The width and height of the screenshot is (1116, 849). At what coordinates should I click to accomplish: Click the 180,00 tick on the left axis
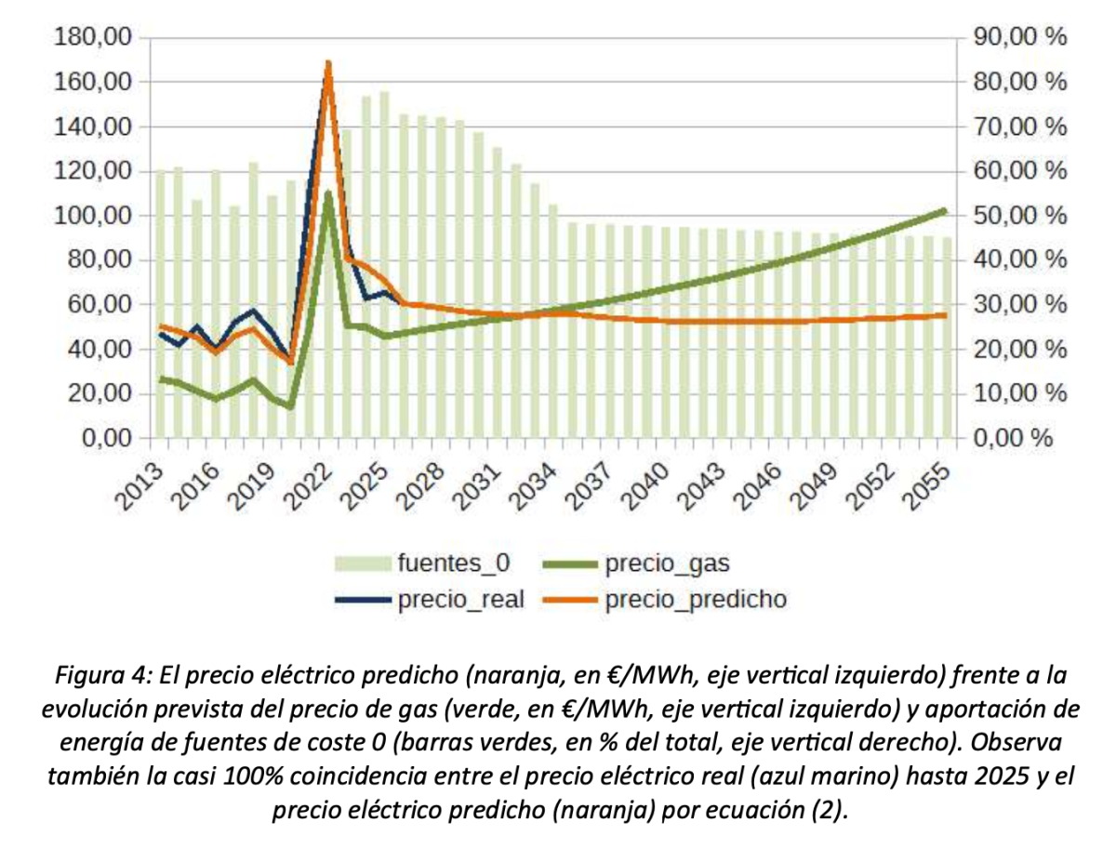click(95, 37)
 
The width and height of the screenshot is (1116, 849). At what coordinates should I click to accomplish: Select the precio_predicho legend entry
click(695, 600)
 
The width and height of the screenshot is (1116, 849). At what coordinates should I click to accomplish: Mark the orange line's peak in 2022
click(328, 63)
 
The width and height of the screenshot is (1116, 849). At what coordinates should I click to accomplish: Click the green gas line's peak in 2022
click(328, 192)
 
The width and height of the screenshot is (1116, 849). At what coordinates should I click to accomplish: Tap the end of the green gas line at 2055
click(945, 211)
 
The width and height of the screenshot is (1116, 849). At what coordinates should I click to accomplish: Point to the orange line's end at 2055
click(945, 315)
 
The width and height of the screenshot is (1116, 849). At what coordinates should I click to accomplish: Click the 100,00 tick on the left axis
click(95, 216)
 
